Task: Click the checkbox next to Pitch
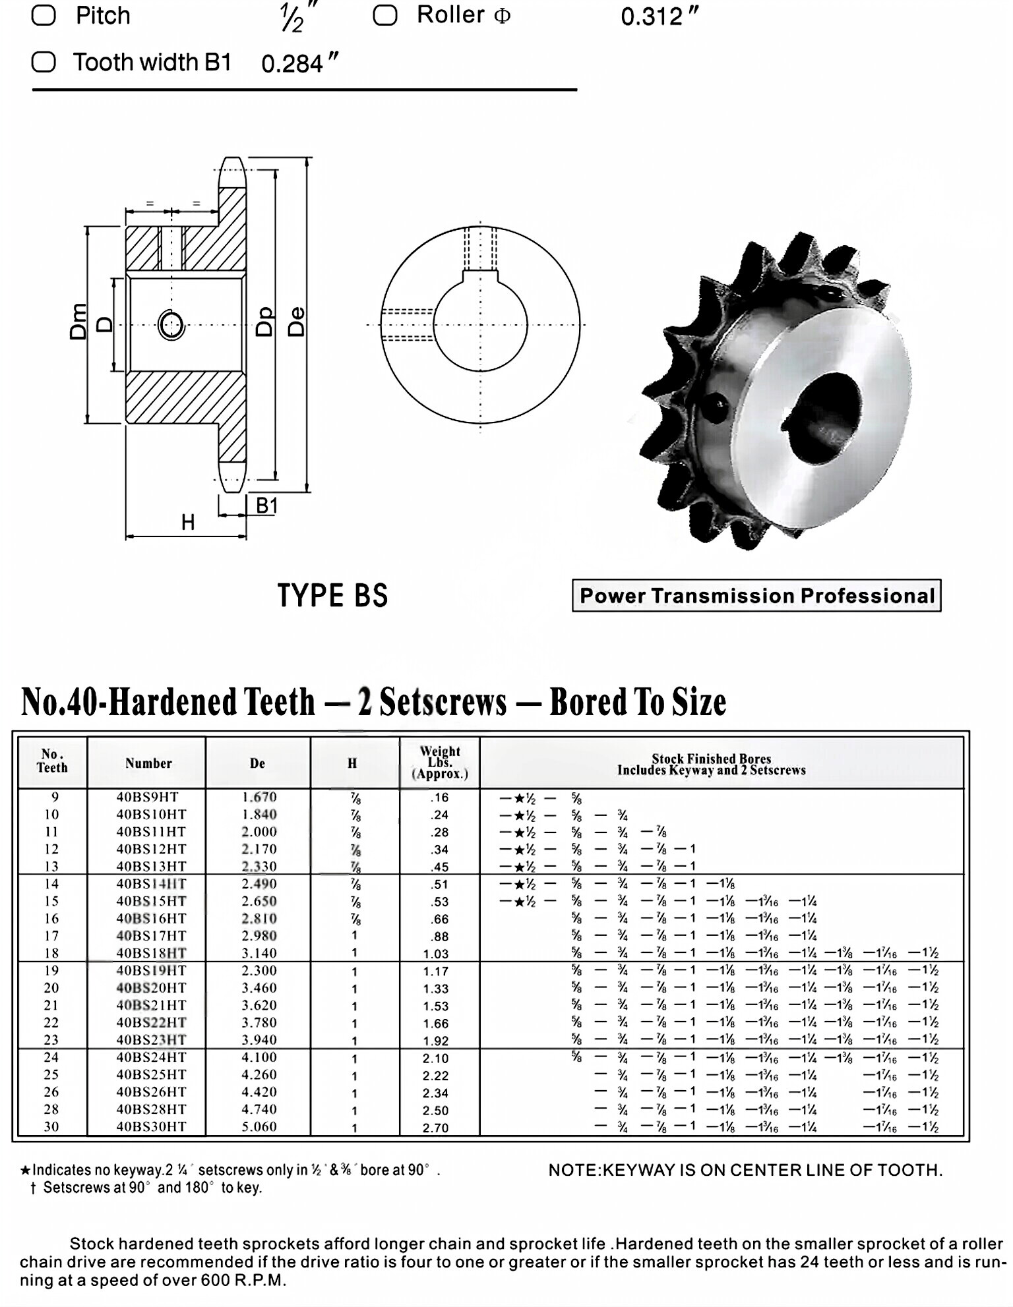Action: tap(44, 15)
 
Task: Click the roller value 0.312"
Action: tap(659, 16)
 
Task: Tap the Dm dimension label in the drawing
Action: tap(78, 321)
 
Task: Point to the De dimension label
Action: tap(297, 322)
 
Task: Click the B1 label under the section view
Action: tap(266, 506)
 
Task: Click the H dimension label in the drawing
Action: tap(188, 523)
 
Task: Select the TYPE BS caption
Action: tap(332, 595)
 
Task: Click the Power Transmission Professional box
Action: tap(756, 595)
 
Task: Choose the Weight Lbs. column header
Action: tap(439, 762)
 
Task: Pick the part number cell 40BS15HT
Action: tap(151, 901)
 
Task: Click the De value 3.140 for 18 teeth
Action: tap(259, 953)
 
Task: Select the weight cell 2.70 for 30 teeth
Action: tap(435, 1128)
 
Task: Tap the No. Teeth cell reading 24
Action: tap(51, 1057)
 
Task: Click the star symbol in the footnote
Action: tap(25, 1171)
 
